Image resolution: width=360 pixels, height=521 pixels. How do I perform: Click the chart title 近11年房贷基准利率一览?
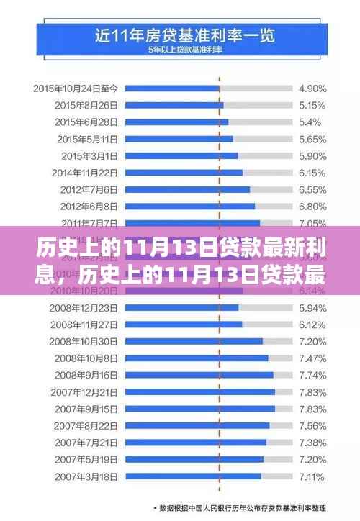[180, 33]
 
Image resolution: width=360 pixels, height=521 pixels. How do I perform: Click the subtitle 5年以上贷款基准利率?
[180, 48]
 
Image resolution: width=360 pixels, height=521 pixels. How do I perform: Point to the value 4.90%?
[313, 89]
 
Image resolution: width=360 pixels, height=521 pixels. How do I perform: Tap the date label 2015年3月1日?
[89, 155]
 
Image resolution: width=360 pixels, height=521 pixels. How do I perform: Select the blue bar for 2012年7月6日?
[188, 189]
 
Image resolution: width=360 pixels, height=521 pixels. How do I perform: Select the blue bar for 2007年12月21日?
[200, 391]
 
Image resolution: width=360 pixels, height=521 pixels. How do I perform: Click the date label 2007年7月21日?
[85, 442]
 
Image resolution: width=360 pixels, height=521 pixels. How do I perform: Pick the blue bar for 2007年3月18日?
[194, 476]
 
